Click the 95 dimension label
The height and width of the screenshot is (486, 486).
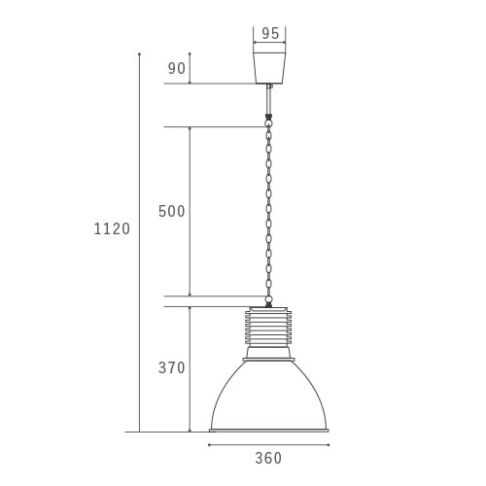270,33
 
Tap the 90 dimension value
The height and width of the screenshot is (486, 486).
177,68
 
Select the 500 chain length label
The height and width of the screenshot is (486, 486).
171,211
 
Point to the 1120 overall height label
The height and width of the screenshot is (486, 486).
112,228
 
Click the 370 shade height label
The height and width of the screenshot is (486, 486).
171,367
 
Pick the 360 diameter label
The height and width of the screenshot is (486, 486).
268,458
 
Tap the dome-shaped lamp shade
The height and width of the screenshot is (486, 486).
269,396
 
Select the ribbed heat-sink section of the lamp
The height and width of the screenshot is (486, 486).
268,328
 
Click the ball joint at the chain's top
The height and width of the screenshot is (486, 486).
268,123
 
